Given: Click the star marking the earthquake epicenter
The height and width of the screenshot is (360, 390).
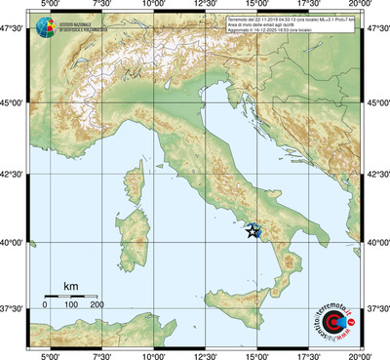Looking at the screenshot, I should pyautogui.click(x=253, y=231).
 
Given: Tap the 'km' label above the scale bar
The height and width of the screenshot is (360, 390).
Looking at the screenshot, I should pyautogui.click(x=70, y=286).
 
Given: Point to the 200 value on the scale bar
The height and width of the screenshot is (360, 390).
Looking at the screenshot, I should pyautogui.click(x=97, y=305).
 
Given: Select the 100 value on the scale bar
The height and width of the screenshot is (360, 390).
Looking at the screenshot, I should pyautogui.click(x=71, y=305).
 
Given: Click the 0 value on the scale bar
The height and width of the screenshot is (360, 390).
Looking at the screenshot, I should pyautogui.click(x=45, y=305).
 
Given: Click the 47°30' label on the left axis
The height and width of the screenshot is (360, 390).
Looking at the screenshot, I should pyautogui.click(x=14, y=30).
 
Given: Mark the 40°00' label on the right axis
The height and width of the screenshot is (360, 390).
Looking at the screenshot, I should pyautogui.click(x=377, y=242).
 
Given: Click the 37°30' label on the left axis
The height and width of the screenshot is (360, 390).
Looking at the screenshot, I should pyautogui.click(x=14, y=308).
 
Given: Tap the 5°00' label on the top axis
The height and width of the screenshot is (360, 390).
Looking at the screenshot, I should pyautogui.click(x=47, y=6).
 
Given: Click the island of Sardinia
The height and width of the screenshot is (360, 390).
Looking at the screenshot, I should pyautogui.click(x=131, y=227).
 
